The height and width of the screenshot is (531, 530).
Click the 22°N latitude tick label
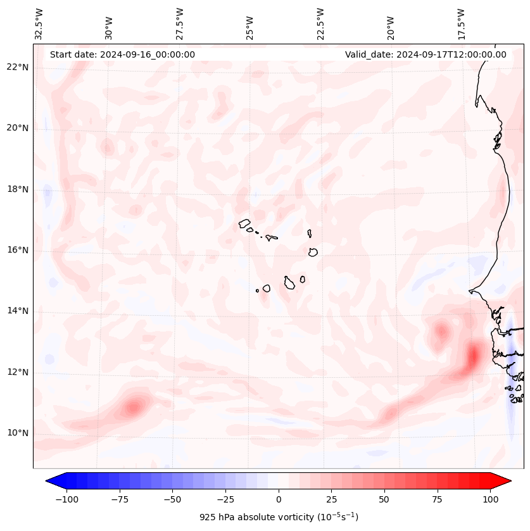pyautogui.click(x=18, y=67)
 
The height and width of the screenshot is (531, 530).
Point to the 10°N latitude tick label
pyautogui.click(x=18, y=433)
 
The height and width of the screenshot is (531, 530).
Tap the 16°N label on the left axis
pyautogui.click(x=18, y=250)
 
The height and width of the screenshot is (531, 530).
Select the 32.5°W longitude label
pyautogui.click(x=39, y=23)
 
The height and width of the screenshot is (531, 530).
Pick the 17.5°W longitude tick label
pyautogui.click(x=462, y=23)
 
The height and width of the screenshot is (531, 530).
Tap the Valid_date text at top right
pyautogui.click(x=426, y=54)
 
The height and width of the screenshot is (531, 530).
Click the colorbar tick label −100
pyautogui.click(x=66, y=499)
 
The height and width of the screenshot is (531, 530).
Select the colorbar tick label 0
pyautogui.click(x=279, y=499)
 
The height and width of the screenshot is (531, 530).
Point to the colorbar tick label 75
pyautogui.click(x=437, y=499)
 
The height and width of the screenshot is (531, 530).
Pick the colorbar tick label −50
pyautogui.click(x=172, y=499)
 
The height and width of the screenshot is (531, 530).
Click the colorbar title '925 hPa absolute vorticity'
pyautogui.click(x=279, y=517)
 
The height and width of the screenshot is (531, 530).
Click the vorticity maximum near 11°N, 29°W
pyautogui.click(x=134, y=406)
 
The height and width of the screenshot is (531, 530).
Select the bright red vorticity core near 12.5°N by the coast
pyautogui.click(x=472, y=356)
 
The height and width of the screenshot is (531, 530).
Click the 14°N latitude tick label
pyautogui.click(x=18, y=311)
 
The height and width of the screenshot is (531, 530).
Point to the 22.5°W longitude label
pyautogui.click(x=320, y=23)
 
